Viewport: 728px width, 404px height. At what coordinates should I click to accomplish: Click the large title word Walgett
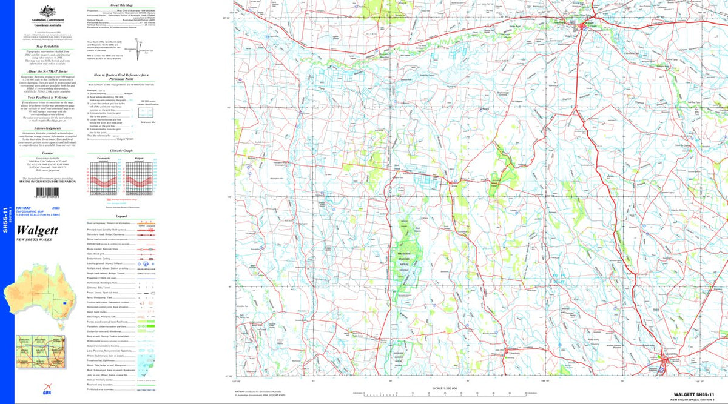click(38, 231)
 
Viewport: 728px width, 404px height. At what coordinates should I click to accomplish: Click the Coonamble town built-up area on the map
click(666, 361)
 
